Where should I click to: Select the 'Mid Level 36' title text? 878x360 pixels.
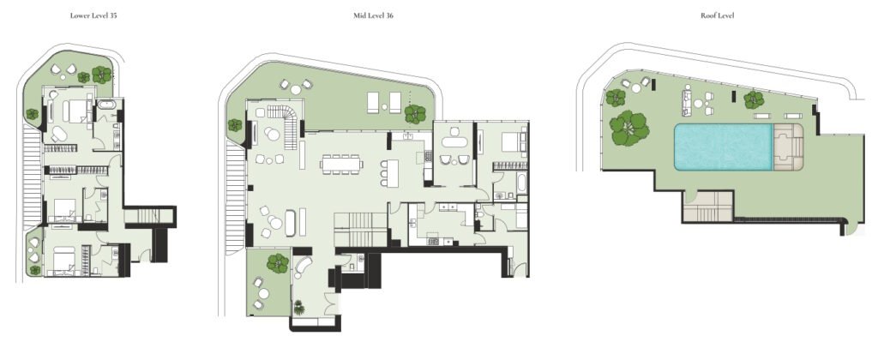[x=373, y=15]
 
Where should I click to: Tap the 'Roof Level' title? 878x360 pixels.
[x=716, y=15]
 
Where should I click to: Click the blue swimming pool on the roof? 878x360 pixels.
[x=722, y=147]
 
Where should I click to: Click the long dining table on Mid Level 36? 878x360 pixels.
[x=340, y=163]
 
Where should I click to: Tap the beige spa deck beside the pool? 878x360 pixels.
[x=787, y=147]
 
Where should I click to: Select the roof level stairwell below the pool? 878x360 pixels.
[x=708, y=206]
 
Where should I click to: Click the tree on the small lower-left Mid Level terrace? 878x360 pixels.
[x=277, y=263]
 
